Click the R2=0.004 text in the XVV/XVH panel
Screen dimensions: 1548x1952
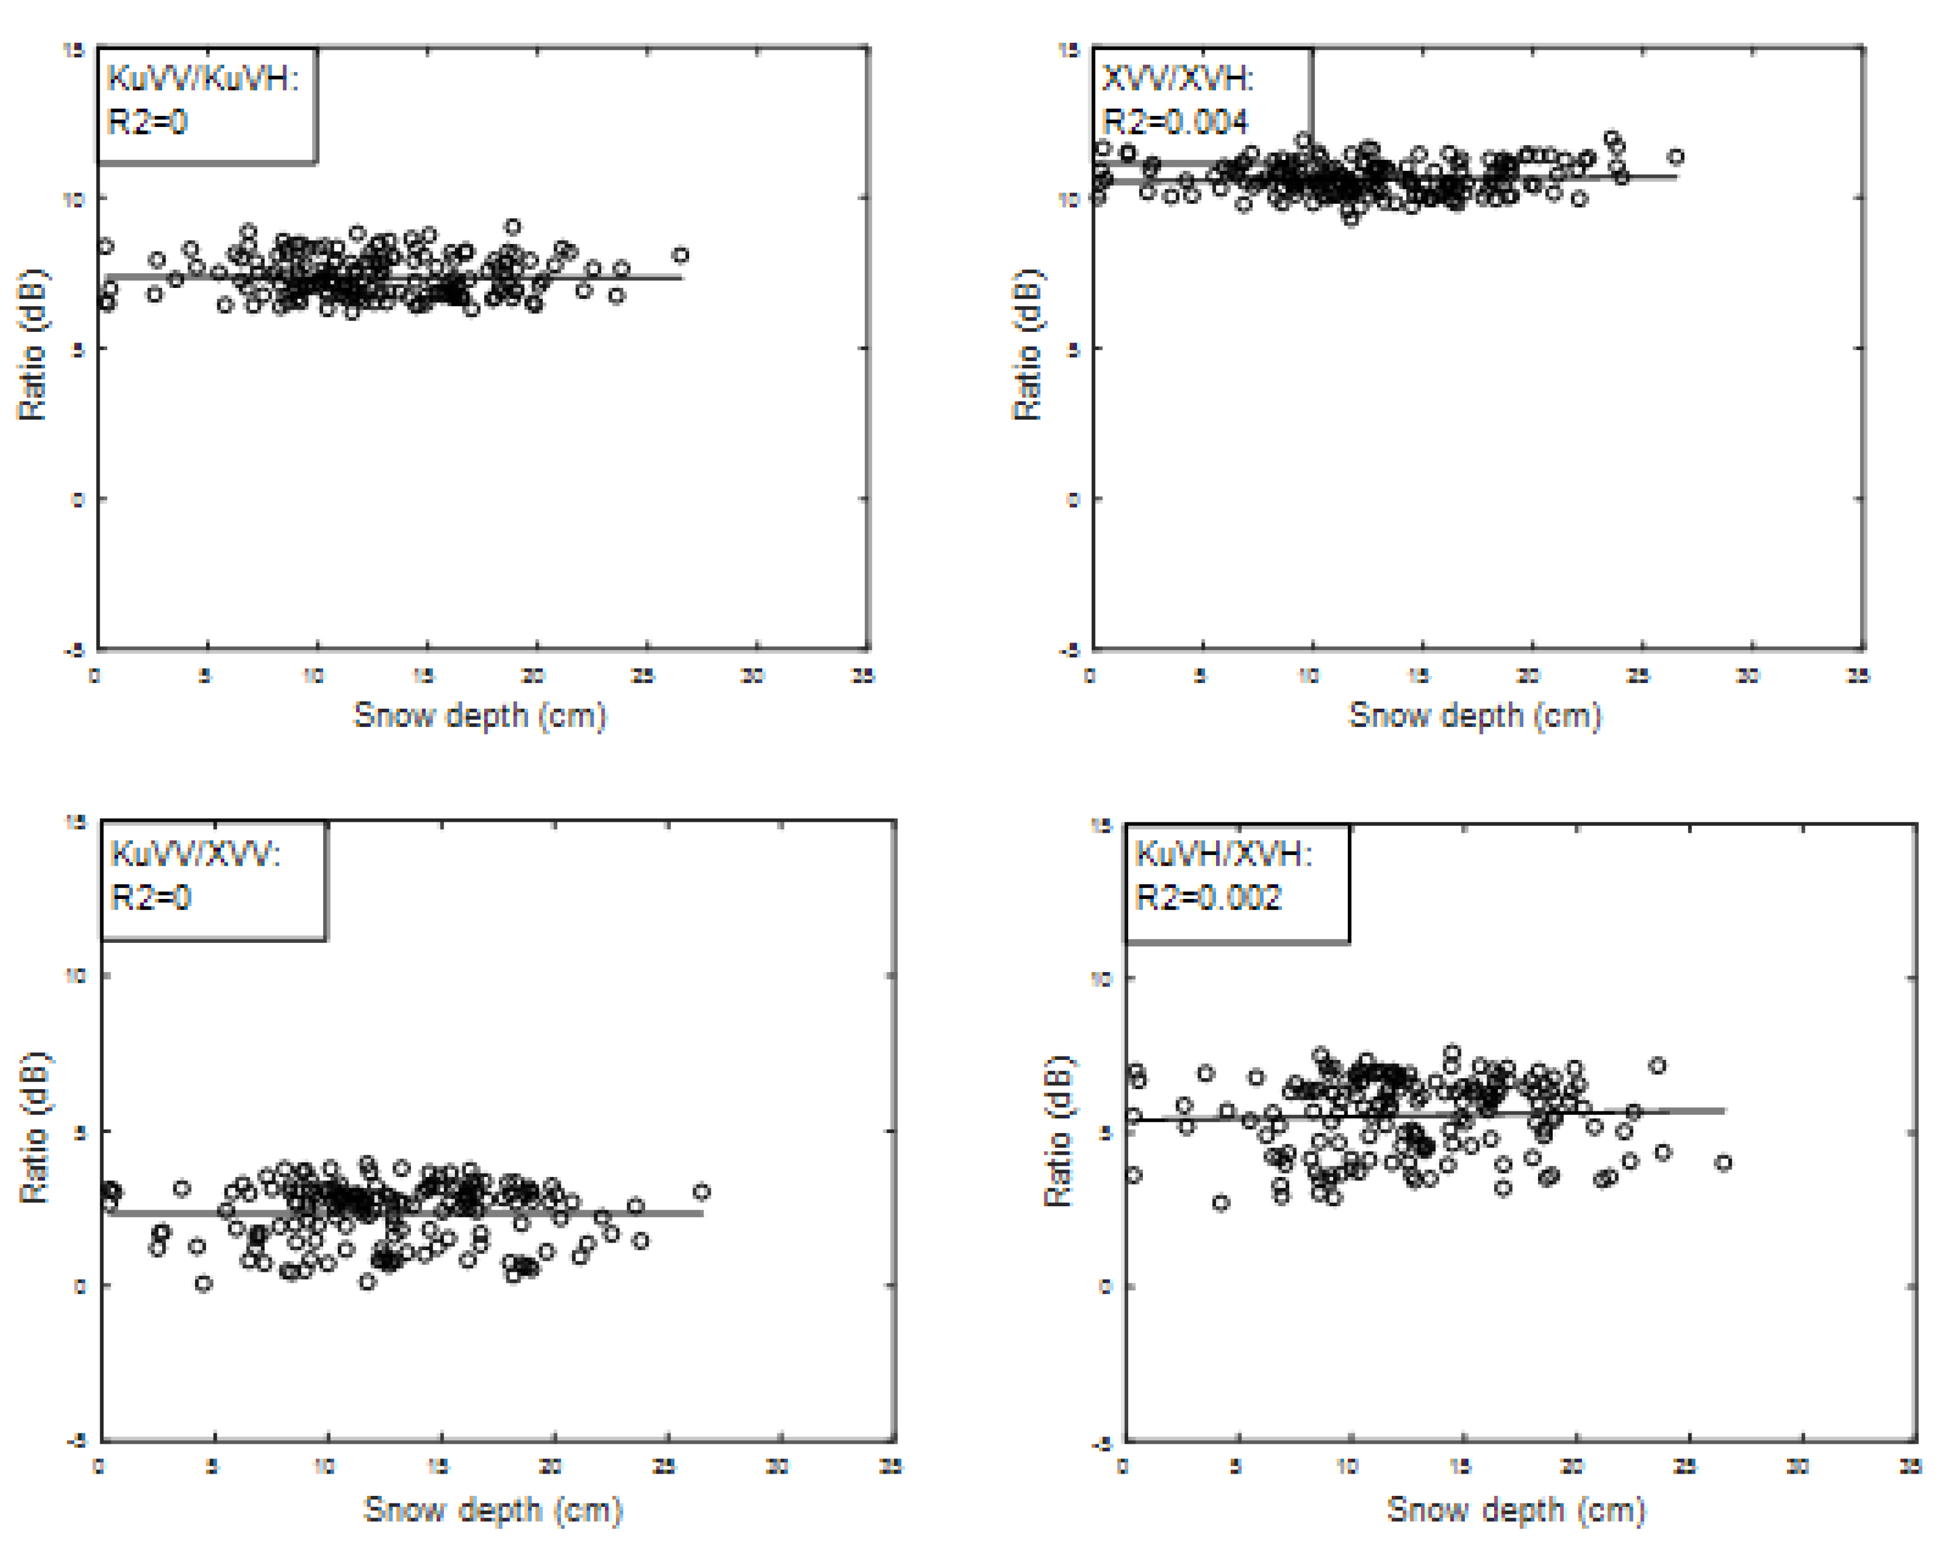pyautogui.click(x=1174, y=121)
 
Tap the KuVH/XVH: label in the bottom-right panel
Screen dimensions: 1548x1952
pyautogui.click(x=1222, y=854)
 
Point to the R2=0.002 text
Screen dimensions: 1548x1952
pyautogui.click(x=1208, y=897)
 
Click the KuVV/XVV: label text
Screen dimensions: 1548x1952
pyautogui.click(x=196, y=854)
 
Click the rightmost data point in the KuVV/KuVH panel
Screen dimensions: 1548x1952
pyautogui.click(x=681, y=255)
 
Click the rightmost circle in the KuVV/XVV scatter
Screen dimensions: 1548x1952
pyautogui.click(x=701, y=1192)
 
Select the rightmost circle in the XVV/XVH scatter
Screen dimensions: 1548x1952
pyautogui.click(x=1676, y=157)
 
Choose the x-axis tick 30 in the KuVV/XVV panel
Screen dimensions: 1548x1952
pyautogui.click(x=777, y=1467)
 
